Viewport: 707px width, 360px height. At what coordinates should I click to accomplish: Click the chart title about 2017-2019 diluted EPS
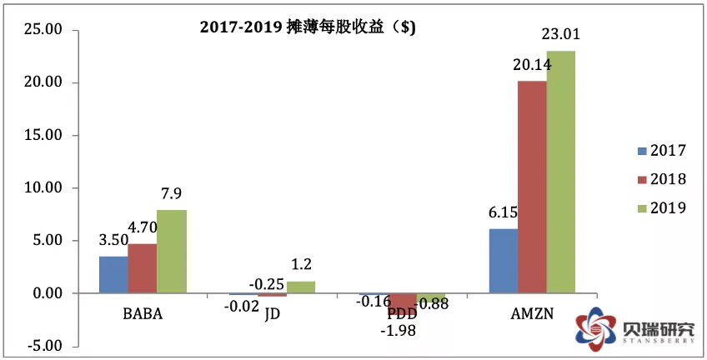(x=308, y=27)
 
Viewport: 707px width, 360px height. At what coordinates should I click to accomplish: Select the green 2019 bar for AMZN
(x=560, y=172)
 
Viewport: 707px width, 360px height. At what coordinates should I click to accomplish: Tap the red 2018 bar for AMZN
(x=532, y=187)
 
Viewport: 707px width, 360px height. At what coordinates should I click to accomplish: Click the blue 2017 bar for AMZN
(x=503, y=261)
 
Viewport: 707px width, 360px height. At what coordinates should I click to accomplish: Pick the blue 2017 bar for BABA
(x=113, y=275)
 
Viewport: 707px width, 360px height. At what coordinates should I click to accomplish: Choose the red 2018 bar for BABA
(x=142, y=268)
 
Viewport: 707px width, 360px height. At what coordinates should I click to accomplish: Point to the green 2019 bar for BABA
(x=171, y=252)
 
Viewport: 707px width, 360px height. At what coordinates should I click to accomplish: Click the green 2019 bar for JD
(x=301, y=287)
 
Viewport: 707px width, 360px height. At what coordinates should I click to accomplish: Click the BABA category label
(x=142, y=315)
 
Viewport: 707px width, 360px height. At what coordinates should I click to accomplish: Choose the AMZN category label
(x=530, y=315)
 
